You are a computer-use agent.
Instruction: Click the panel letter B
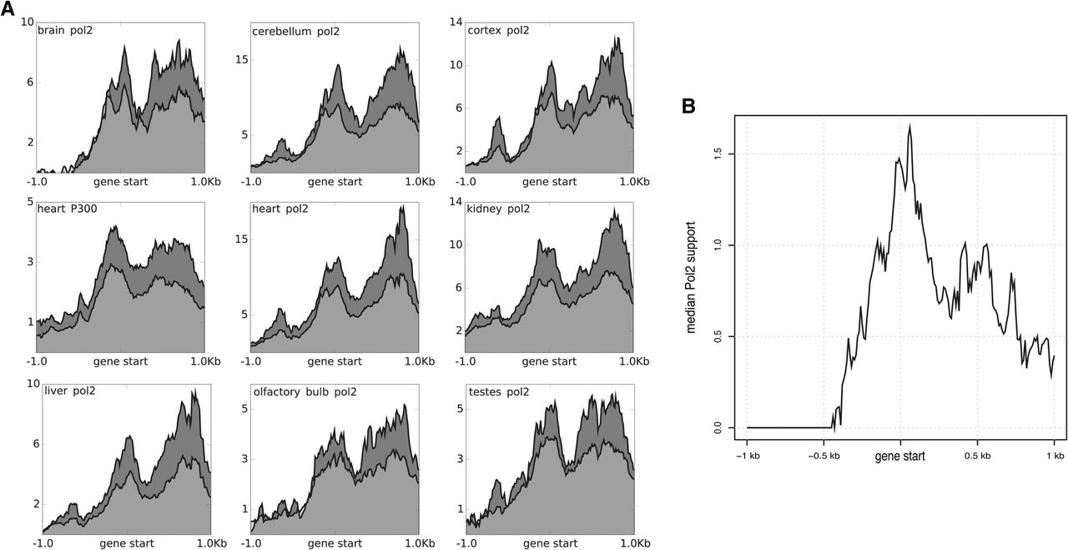(x=689, y=107)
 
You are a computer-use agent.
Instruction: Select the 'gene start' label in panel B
(x=900, y=457)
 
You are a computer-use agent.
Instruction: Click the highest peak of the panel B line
(x=909, y=124)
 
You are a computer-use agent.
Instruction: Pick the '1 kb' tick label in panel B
(x=1054, y=456)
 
